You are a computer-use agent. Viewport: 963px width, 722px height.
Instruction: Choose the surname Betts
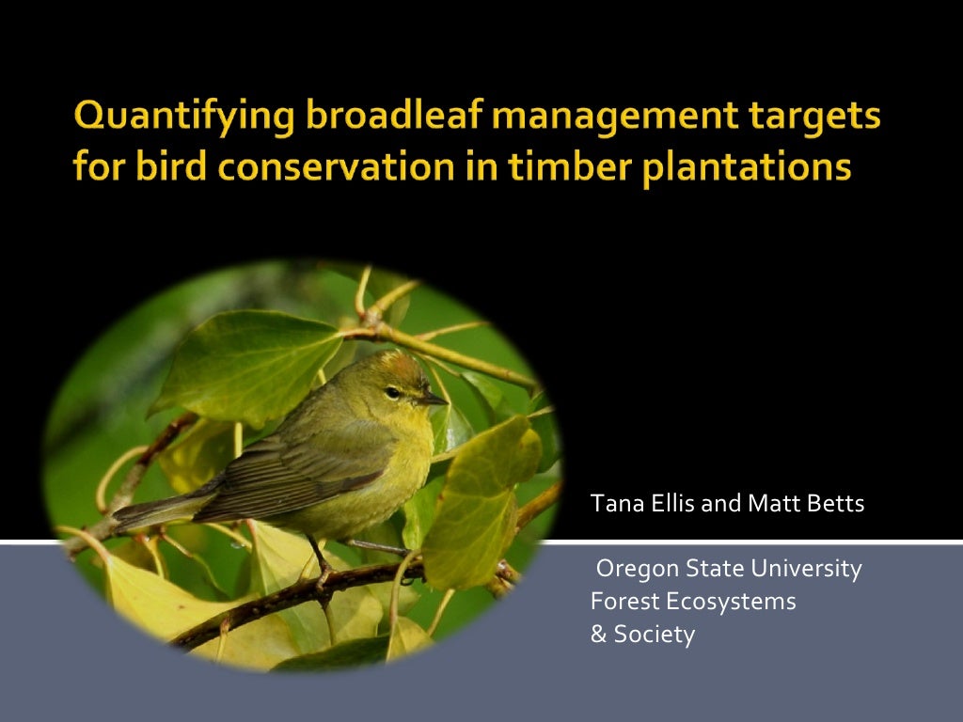[835, 504]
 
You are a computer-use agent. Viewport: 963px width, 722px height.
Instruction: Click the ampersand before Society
[598, 635]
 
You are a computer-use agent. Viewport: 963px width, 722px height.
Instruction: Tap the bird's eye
[392, 392]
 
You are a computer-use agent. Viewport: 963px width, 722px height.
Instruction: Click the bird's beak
[434, 400]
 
